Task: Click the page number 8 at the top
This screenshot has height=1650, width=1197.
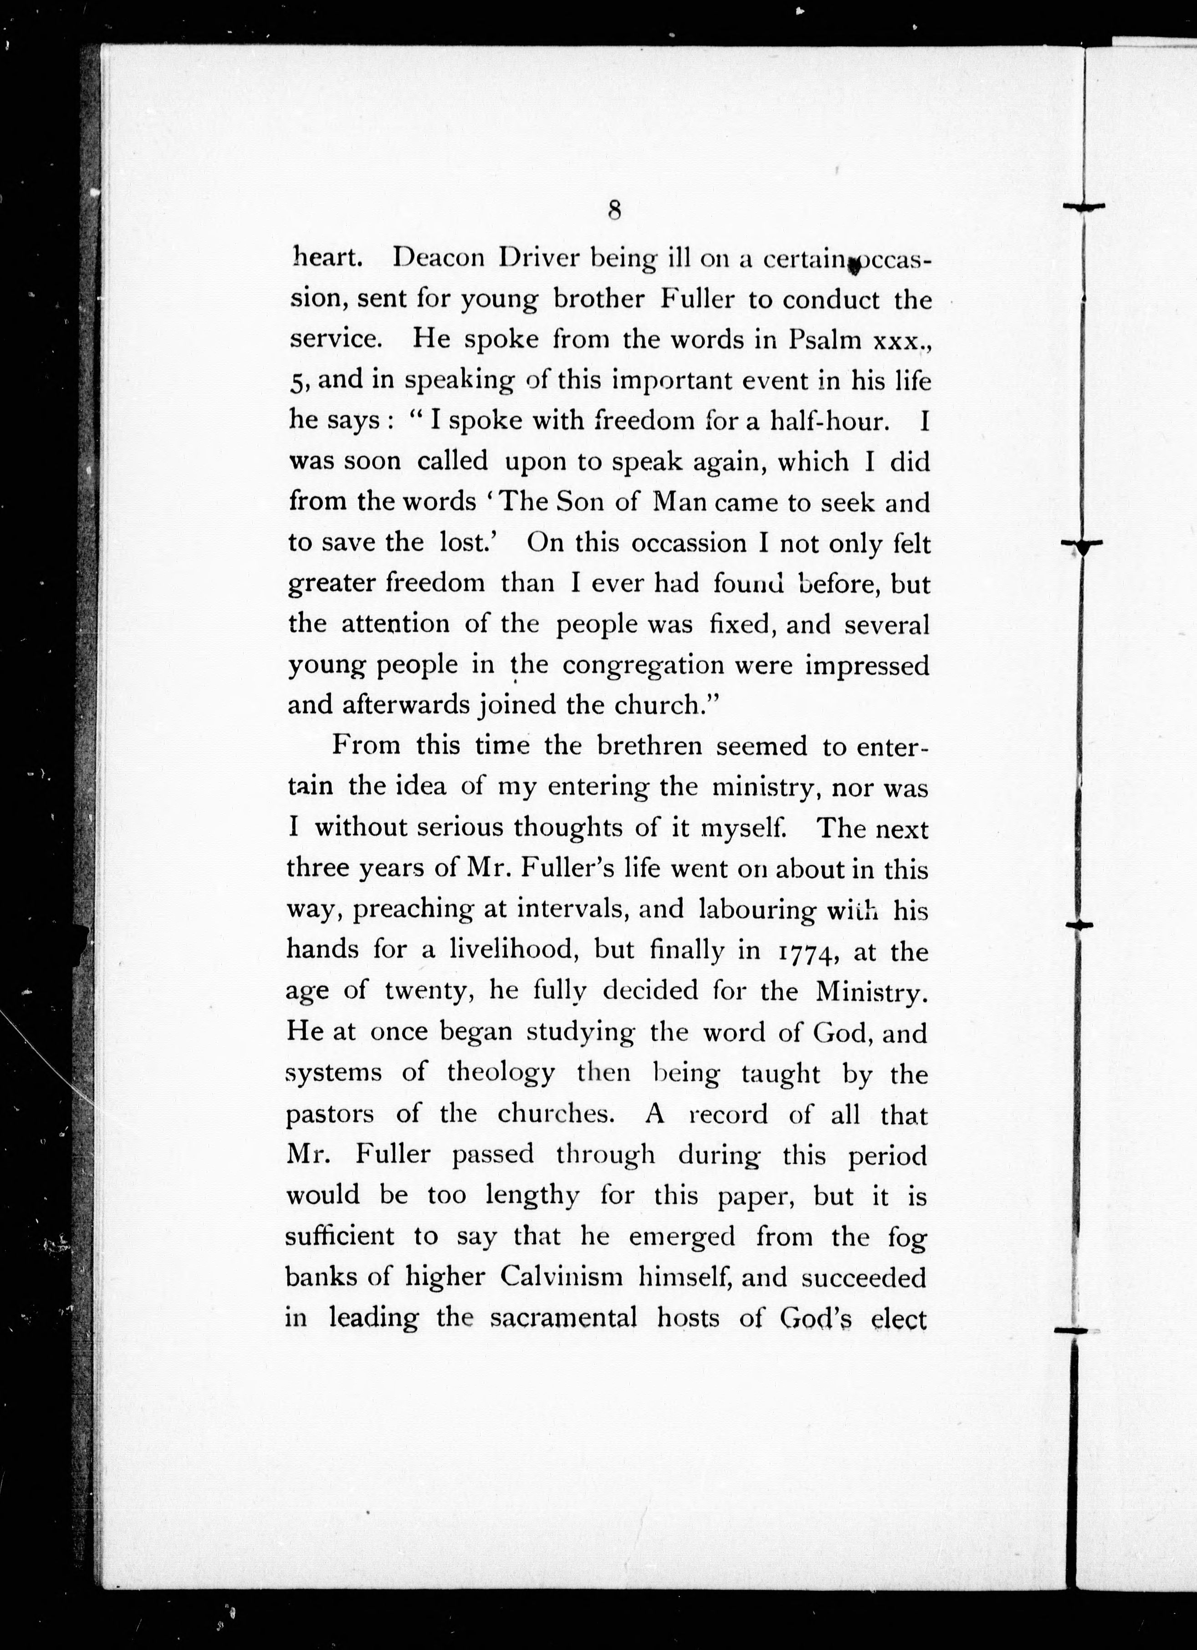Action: pos(614,210)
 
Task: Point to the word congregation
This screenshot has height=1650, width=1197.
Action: pos(643,666)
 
